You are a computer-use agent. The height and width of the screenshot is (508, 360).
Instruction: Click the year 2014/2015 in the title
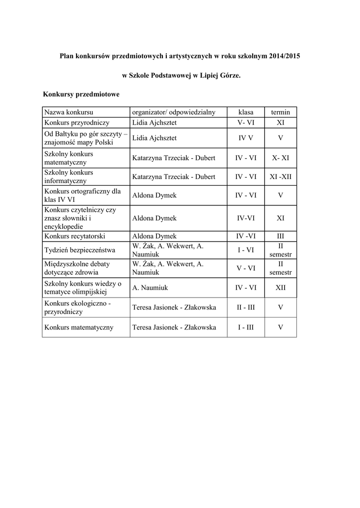[x=285, y=57]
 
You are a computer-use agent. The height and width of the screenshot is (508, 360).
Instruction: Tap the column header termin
[x=280, y=112]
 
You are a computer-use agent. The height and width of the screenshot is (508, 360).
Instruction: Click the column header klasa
[x=246, y=112]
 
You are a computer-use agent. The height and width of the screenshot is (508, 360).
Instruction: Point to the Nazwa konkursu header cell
[x=69, y=112]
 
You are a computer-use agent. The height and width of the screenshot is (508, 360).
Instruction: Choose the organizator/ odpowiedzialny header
[x=174, y=112]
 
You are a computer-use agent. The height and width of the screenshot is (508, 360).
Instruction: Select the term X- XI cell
[x=280, y=158]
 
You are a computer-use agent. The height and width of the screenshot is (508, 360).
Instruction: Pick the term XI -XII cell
[x=280, y=177]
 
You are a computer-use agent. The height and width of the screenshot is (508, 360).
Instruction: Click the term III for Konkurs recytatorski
[x=280, y=236]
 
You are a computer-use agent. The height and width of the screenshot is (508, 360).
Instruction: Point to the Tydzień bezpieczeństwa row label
[x=80, y=250]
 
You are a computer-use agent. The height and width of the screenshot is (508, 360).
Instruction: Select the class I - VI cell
[x=246, y=250]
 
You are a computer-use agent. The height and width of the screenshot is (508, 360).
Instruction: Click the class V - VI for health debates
[x=246, y=268]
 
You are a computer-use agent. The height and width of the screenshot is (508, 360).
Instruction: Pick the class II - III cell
[x=246, y=308]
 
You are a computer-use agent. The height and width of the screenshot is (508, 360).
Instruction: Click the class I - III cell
[x=246, y=327]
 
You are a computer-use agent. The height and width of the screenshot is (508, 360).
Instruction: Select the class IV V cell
[x=246, y=138]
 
